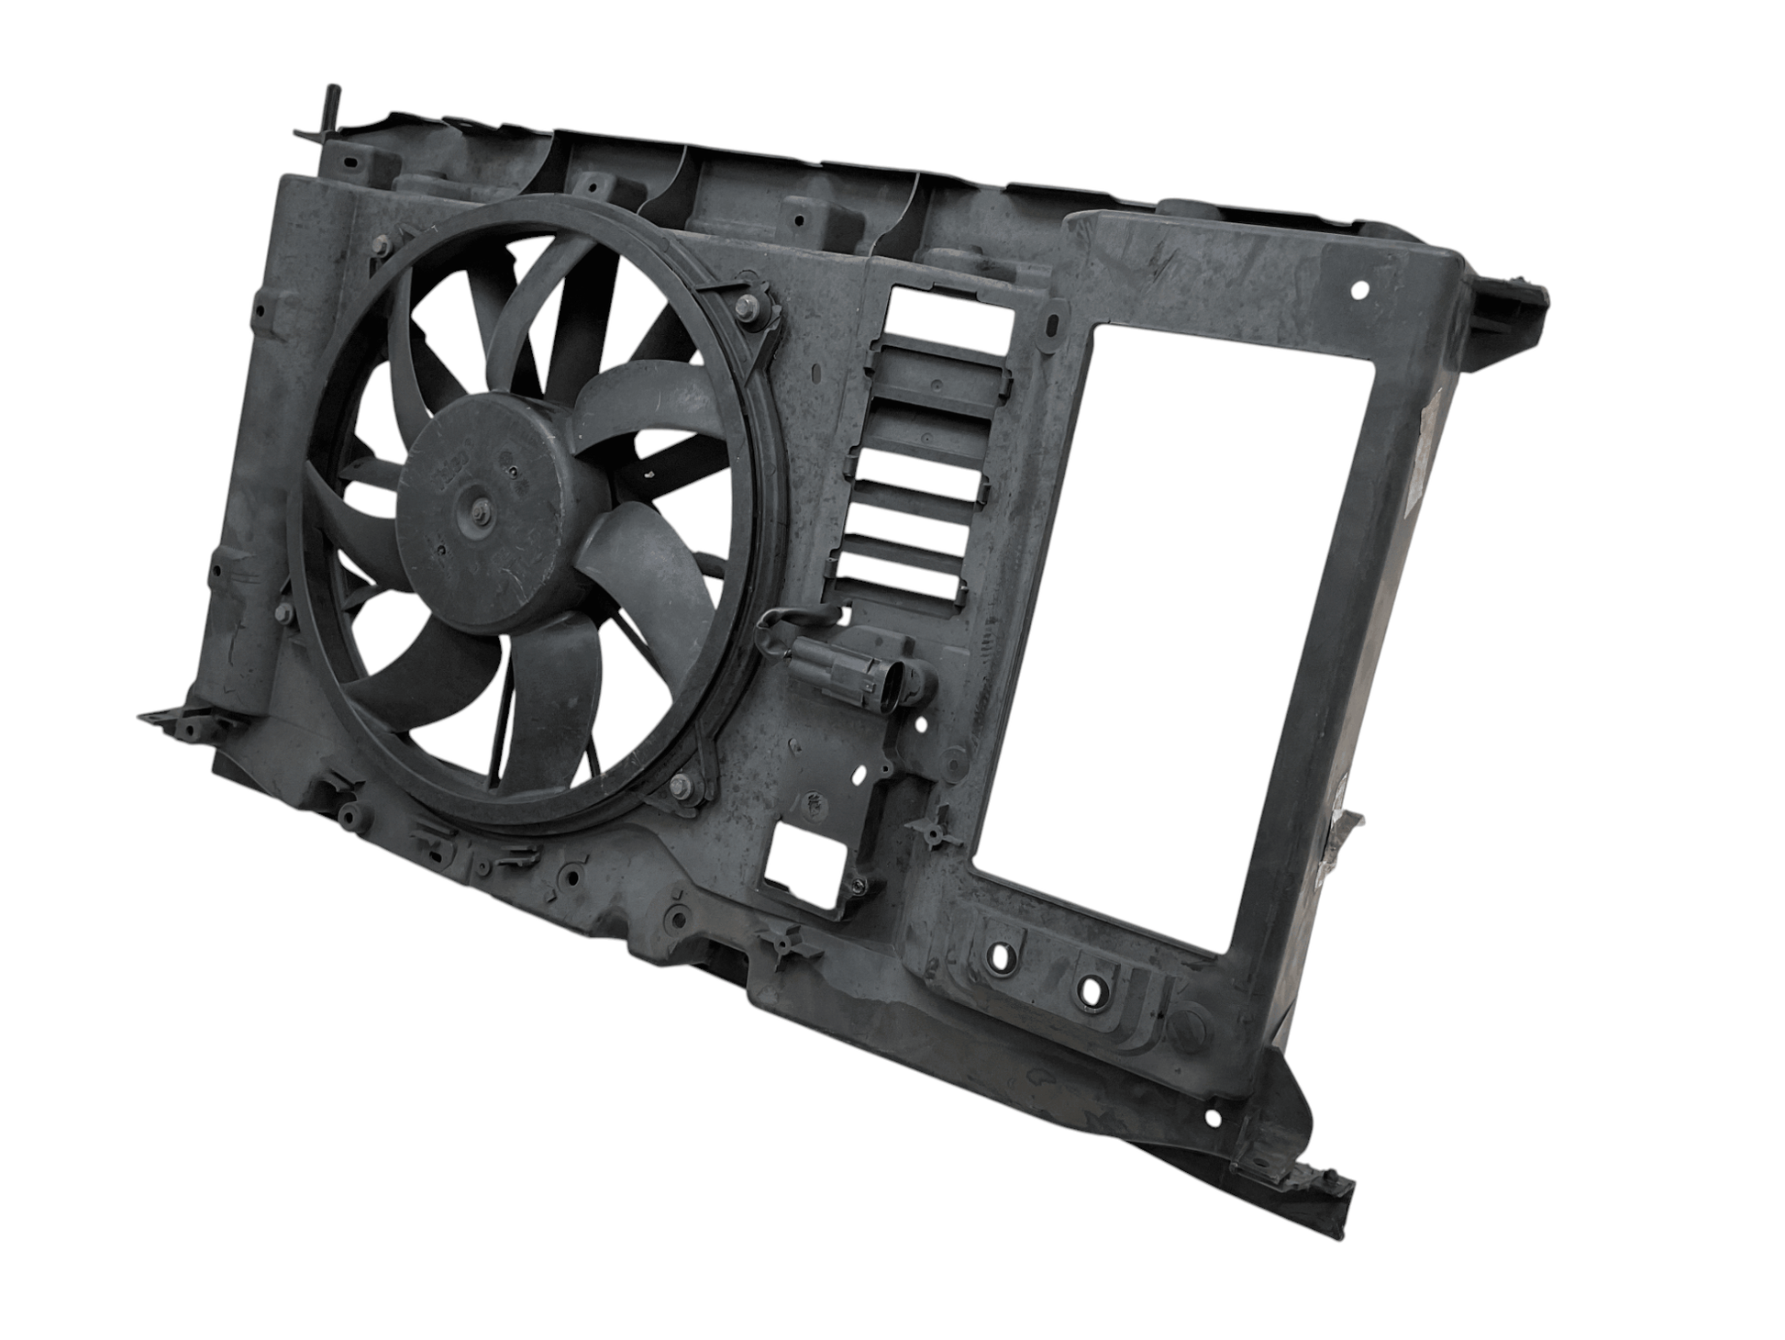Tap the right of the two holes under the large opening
[1091, 991]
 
